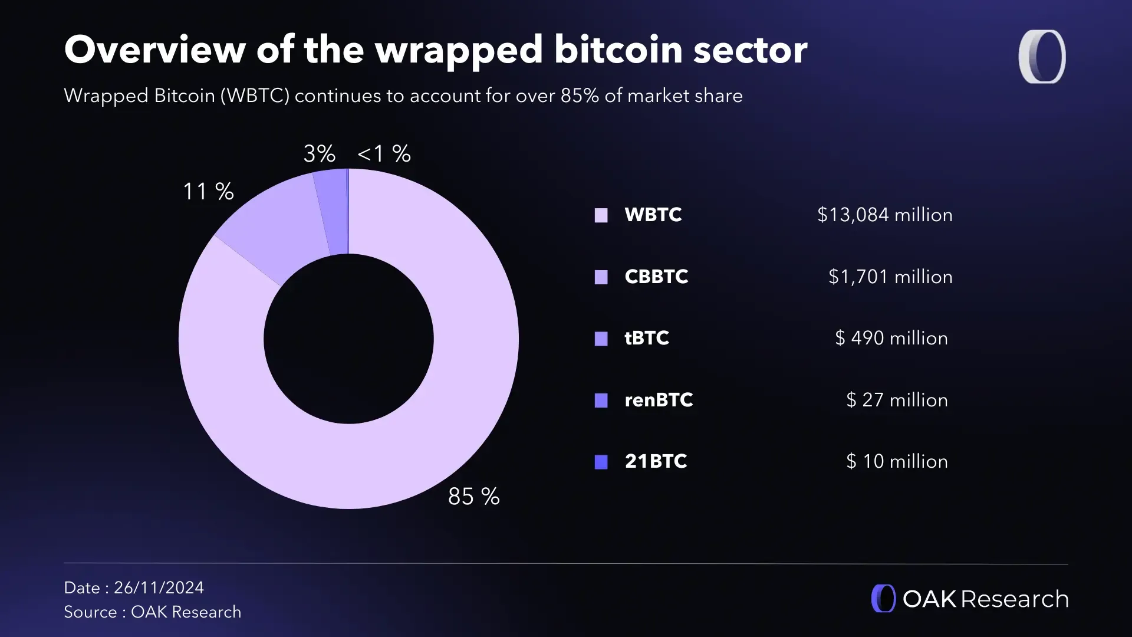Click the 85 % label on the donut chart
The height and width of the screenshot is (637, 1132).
pos(473,497)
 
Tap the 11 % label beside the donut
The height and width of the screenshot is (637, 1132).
pos(208,192)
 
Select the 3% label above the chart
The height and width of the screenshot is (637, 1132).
pos(319,154)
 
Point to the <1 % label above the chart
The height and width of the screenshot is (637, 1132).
pos(384,154)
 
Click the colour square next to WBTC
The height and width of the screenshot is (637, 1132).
pos(601,215)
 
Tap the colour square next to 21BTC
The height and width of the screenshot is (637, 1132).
pos(601,462)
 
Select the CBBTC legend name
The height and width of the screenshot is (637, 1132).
pos(656,277)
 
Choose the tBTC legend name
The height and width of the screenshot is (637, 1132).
pos(647,338)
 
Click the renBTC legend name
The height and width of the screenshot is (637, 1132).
pos(659,400)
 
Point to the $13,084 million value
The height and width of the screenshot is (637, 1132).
pos(884,215)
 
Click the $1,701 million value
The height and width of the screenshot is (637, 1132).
pos(890,277)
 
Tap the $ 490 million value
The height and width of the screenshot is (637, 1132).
pos(891,338)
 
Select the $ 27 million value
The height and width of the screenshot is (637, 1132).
pos(897,400)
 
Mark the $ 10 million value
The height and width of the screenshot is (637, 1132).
pos(897,461)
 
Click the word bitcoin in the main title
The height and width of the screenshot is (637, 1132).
pos(617,50)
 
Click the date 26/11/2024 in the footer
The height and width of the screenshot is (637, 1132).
pos(159,587)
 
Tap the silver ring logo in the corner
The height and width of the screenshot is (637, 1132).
pos(1042,57)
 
